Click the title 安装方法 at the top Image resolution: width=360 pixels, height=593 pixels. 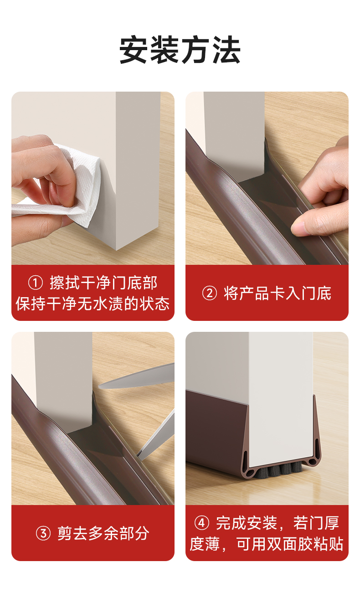[180, 50]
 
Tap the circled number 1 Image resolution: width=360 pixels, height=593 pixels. [35, 283]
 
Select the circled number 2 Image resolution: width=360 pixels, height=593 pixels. [209, 294]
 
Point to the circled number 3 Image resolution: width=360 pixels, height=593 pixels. [43, 533]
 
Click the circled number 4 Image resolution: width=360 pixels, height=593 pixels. [202, 523]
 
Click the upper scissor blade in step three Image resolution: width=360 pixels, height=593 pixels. [137, 376]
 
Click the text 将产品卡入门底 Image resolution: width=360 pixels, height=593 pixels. [278, 294]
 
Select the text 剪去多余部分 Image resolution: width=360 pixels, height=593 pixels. [103, 533]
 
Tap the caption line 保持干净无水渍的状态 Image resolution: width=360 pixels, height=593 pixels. [93, 304]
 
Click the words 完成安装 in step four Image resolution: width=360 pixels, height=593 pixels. [247, 523]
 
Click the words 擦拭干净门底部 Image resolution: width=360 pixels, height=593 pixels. [103, 283]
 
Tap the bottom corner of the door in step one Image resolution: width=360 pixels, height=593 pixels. [116, 250]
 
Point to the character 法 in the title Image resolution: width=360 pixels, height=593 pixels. [226, 50]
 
